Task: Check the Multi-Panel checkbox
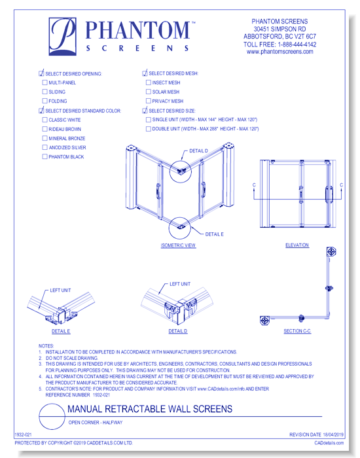pyautogui.click(x=45, y=83)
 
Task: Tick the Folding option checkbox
pyautogui.click(x=45, y=101)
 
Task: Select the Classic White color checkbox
pyautogui.click(x=45, y=120)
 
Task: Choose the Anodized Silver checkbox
pyautogui.click(x=45, y=148)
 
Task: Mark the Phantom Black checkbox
pyautogui.click(x=45, y=157)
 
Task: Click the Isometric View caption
pyautogui.click(x=178, y=245)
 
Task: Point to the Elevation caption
pyautogui.click(x=297, y=245)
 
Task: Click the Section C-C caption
pyautogui.click(x=297, y=332)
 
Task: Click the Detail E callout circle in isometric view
pyautogui.click(x=178, y=226)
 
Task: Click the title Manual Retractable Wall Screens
pyautogui.click(x=149, y=410)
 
